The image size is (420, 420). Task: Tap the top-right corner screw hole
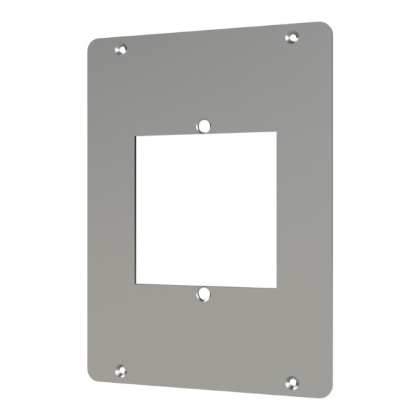[293, 36]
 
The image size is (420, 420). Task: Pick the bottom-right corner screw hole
[293, 382]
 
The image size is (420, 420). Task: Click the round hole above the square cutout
[204, 125]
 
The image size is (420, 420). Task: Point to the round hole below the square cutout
[203, 294]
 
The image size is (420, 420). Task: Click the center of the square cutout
[206, 209]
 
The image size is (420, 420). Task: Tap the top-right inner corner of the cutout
[275, 132]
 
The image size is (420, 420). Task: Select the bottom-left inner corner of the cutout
[136, 283]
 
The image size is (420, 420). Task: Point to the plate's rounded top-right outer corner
[328, 27]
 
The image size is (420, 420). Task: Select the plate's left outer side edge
[88, 210]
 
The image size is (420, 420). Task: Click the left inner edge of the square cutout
[136, 210]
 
